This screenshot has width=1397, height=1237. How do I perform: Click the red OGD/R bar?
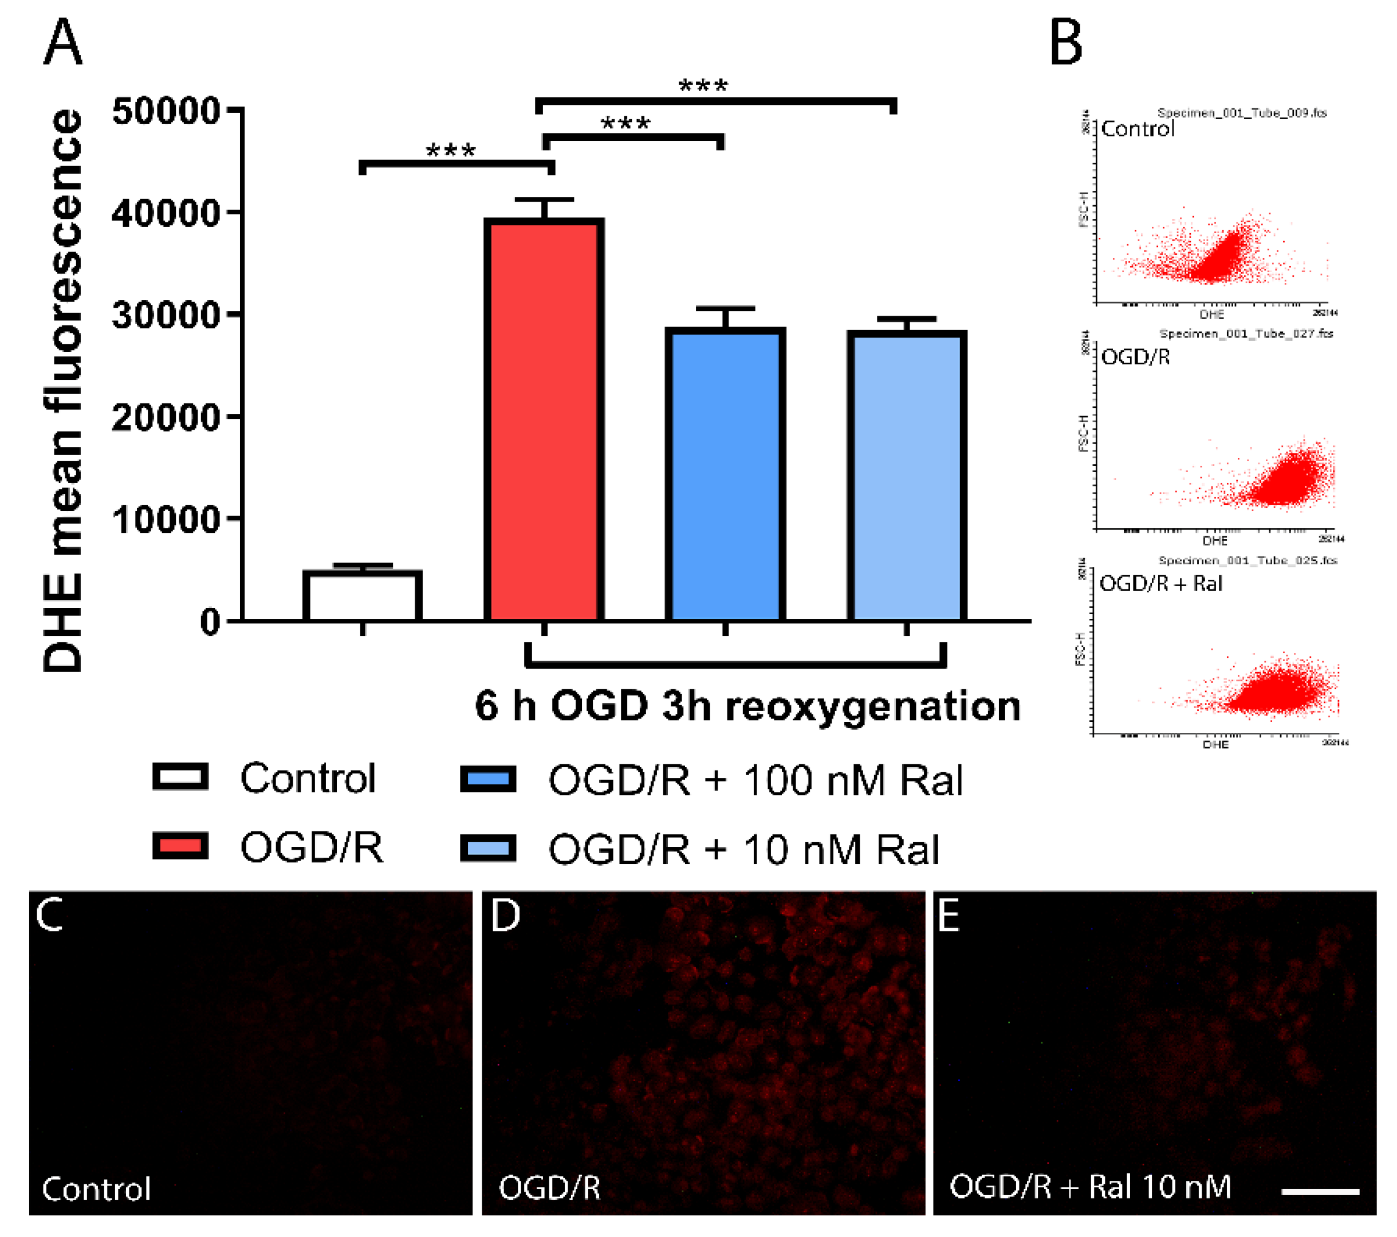click(544, 421)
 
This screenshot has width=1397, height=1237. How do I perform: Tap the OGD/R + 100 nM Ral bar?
click(725, 474)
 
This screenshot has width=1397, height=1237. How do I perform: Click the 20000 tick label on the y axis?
click(166, 417)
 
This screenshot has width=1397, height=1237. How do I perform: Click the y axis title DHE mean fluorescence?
click(63, 390)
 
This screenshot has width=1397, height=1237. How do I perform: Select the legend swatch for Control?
click(180, 777)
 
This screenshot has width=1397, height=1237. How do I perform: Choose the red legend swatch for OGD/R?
click(180, 847)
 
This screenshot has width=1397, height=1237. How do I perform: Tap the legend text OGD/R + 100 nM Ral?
click(755, 780)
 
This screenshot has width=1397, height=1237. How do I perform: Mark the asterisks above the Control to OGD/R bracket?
click(450, 151)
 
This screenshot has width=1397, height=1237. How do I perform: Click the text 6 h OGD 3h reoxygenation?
click(747, 706)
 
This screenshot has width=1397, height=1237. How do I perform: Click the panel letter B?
click(1065, 42)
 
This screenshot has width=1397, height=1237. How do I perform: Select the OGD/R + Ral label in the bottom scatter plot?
click(1160, 583)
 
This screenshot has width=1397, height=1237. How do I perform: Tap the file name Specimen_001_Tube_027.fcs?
click(1245, 333)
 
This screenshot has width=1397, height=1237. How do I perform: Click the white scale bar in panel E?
click(1320, 1191)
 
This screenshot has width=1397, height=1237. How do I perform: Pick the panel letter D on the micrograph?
click(505, 916)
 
